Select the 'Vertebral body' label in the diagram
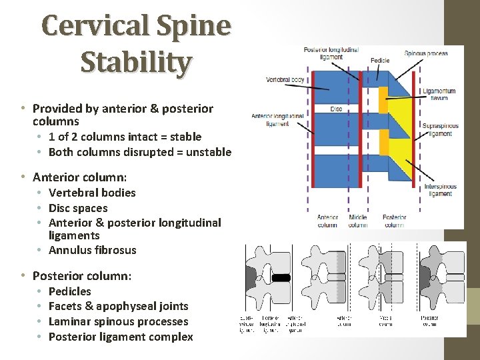[285, 79]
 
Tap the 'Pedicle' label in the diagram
[380, 61]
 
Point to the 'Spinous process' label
[426, 53]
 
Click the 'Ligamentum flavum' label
[439, 94]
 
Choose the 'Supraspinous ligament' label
[439, 129]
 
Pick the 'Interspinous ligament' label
[440, 190]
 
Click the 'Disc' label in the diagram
[335, 109]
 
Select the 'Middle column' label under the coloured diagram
[357, 221]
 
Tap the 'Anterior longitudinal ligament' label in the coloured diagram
[277, 120]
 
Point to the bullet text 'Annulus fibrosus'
[92, 251]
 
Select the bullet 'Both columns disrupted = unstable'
[140, 152]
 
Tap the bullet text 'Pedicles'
[70, 291]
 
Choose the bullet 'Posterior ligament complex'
[121, 337]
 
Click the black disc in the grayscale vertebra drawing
[280, 277]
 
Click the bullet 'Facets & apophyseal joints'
[119, 306]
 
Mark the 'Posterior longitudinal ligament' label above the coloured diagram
[331, 53]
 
